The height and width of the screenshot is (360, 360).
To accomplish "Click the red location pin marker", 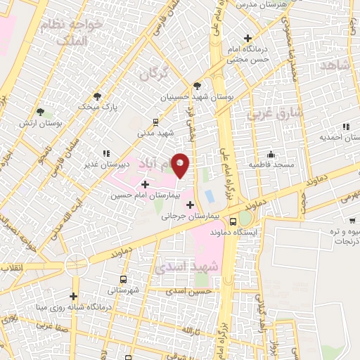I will click(181, 165).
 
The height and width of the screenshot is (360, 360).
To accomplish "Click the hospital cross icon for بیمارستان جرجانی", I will click(191, 205).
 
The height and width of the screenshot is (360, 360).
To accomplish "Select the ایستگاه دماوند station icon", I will click(244, 218).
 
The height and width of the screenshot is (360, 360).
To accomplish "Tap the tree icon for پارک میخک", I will click(97, 96).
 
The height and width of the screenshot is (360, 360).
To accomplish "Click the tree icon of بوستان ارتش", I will click(40, 111).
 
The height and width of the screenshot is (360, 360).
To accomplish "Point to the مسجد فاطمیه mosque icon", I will click(271, 154).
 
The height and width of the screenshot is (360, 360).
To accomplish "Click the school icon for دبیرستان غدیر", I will click(106, 153).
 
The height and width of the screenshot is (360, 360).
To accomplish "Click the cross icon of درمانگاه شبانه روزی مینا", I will click(73, 296).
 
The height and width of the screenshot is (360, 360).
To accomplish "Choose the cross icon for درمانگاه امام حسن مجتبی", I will click(247, 38).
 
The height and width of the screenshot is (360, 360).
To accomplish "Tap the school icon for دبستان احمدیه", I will click(346, 127).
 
